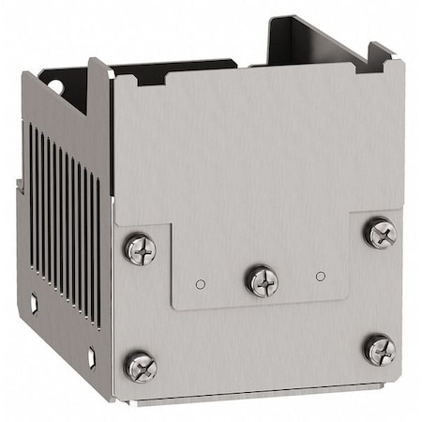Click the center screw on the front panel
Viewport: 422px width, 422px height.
point(261,279)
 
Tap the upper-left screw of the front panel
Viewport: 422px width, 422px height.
point(140,249)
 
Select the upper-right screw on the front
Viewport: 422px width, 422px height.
point(380,233)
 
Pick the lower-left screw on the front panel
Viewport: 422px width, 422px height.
point(141,367)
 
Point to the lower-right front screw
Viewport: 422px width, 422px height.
point(380,350)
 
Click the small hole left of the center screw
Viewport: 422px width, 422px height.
point(200,283)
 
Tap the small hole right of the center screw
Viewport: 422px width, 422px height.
point(321,276)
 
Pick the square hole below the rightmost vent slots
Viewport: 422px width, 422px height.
point(92,357)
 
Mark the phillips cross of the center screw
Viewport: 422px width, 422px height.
point(261,279)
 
